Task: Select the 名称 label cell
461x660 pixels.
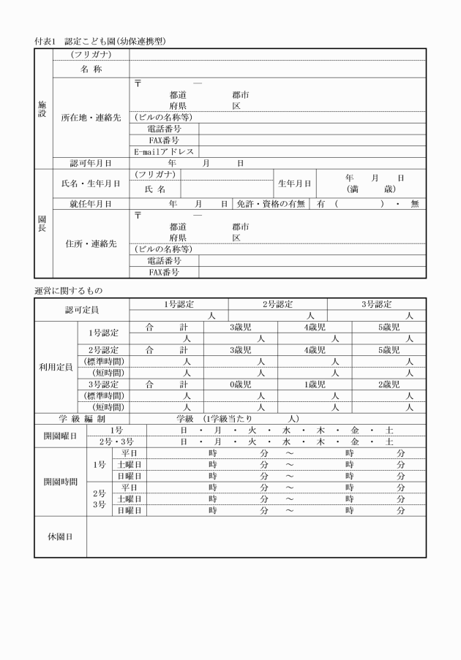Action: [91, 69]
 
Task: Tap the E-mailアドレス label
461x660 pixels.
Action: [164, 151]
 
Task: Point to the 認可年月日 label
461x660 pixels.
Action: [91, 163]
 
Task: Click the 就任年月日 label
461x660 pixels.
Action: [91, 204]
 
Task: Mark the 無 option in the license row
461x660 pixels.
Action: [414, 204]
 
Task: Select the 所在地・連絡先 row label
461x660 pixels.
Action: [91, 117]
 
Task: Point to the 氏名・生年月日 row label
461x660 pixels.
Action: [91, 183]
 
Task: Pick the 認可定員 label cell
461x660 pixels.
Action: [81, 310]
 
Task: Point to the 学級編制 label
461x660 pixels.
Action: [81, 419]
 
